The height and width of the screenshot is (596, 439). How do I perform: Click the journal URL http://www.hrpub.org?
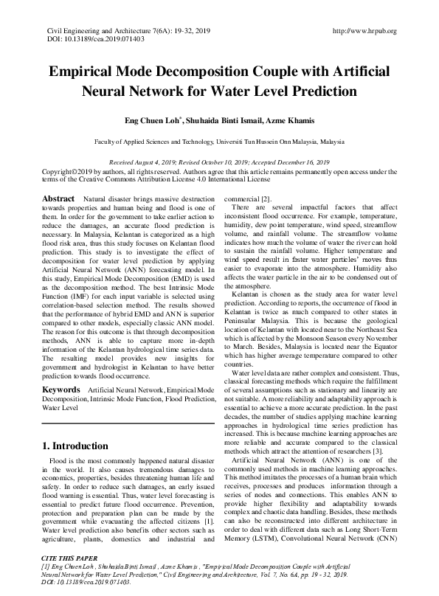[x=365, y=31]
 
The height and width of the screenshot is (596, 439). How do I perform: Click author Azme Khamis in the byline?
[x=297, y=120]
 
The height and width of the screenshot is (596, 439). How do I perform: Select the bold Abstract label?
[x=58, y=199]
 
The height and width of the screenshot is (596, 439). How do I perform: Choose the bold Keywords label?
[x=61, y=388]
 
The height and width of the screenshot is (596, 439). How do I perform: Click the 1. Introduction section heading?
[x=76, y=446]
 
